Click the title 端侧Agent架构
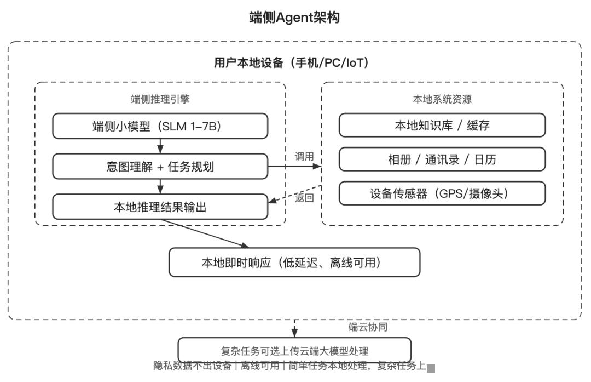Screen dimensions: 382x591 click(294, 18)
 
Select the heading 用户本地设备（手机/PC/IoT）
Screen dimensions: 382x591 click(294, 62)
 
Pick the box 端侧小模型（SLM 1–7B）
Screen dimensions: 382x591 click(160, 126)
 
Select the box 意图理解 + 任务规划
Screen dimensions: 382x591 click(160, 167)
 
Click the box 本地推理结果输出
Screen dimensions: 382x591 click(160, 207)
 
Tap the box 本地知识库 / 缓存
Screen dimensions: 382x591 click(442, 126)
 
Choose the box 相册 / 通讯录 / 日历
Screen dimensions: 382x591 click(442, 159)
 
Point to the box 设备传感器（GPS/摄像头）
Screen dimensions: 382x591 click(442, 193)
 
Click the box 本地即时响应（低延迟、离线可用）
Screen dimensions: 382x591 click(294, 263)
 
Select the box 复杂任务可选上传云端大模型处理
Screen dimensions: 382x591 click(294, 351)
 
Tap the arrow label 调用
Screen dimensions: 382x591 click(304, 157)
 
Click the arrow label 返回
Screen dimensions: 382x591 click(304, 198)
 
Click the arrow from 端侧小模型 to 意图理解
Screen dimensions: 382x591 click(160, 146)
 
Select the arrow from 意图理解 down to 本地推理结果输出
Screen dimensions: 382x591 click(160, 187)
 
